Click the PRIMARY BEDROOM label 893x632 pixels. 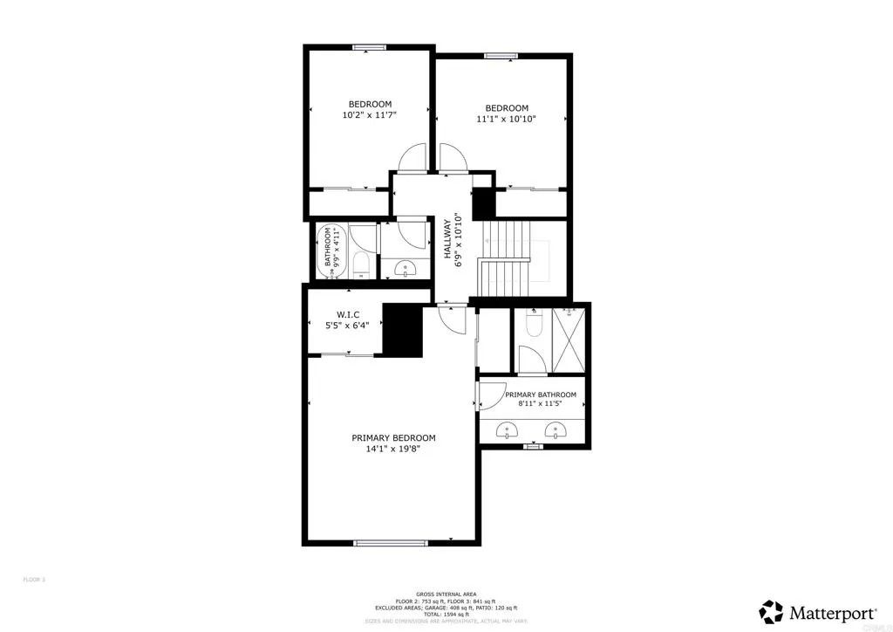pyautogui.click(x=393, y=437)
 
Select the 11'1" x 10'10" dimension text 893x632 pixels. pyautogui.click(x=506, y=120)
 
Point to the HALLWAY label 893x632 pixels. pyautogui.click(x=446, y=237)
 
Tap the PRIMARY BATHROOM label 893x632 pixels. pyautogui.click(x=541, y=395)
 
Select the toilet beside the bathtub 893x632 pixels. pyautogui.click(x=365, y=265)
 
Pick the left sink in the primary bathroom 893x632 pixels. pyautogui.click(x=508, y=429)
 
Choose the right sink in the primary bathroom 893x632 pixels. pyautogui.click(x=555, y=429)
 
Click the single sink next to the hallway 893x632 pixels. pyautogui.click(x=405, y=268)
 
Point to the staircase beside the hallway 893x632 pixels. pyautogui.click(x=507, y=257)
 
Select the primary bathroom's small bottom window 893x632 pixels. pyautogui.click(x=532, y=446)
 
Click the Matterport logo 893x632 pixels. pyautogui.click(x=818, y=609)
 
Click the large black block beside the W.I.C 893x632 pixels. pyautogui.click(x=403, y=330)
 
